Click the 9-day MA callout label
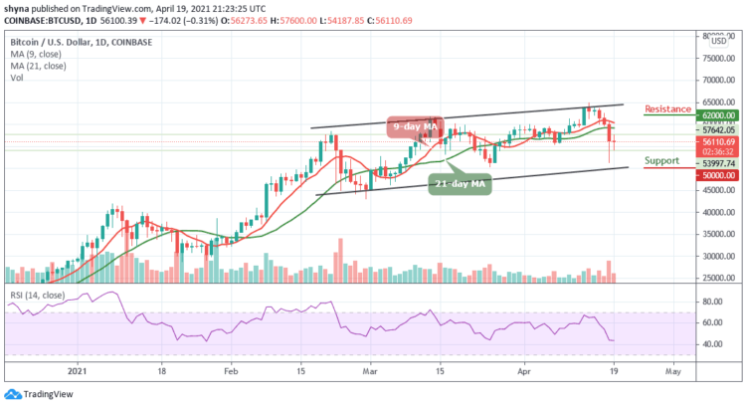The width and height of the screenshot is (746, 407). [x=415, y=126]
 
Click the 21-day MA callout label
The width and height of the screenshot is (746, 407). [x=462, y=184]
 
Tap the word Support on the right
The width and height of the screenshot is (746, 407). [x=661, y=159]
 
